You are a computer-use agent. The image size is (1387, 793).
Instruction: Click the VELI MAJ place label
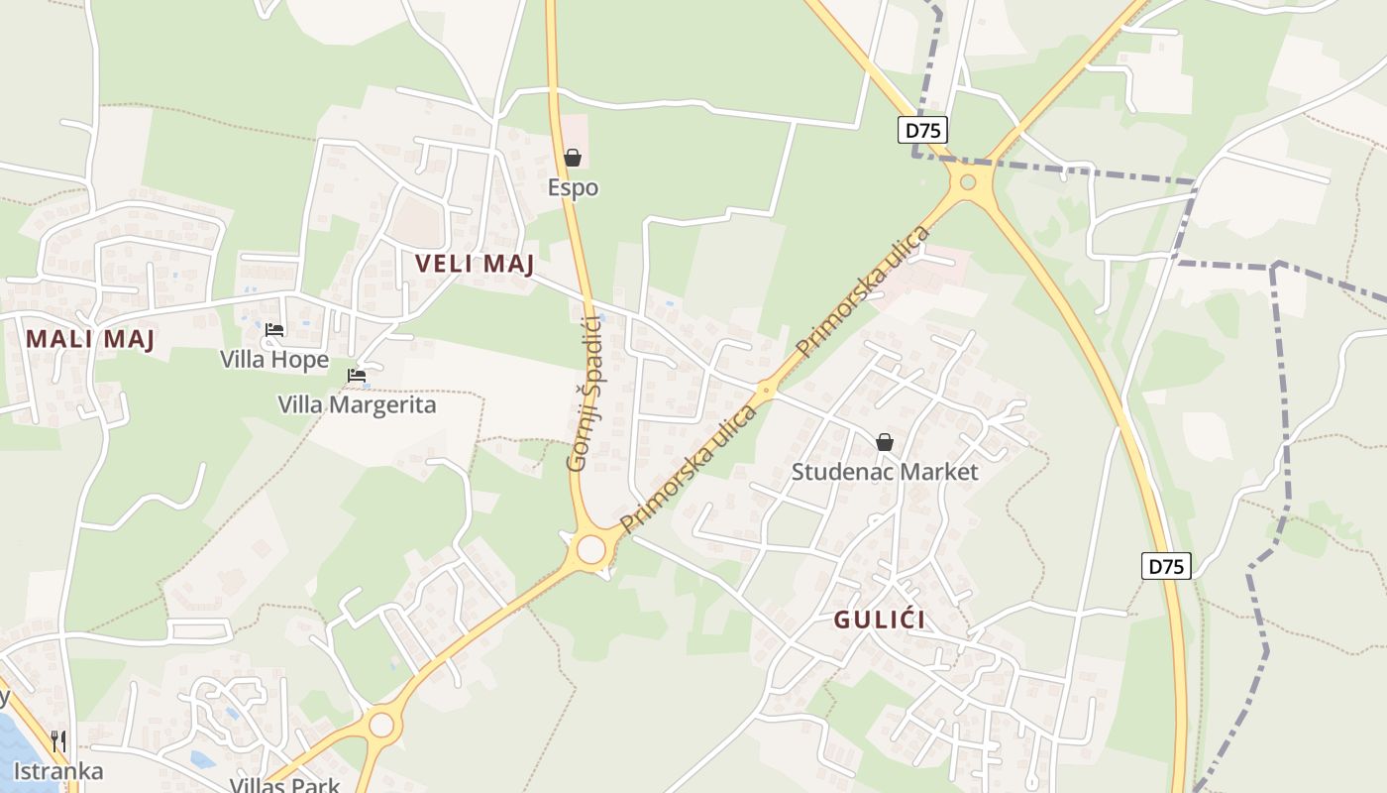click(x=475, y=264)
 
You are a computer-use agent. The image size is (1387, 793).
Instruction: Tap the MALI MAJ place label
click(x=90, y=339)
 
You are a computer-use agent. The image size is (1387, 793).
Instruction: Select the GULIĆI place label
click(x=880, y=621)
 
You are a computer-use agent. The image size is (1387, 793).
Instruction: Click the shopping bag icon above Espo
click(x=573, y=158)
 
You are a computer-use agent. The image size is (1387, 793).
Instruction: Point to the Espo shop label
click(x=573, y=187)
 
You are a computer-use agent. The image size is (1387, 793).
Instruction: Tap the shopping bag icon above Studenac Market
click(x=885, y=442)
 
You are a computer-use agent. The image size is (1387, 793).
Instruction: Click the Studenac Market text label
click(x=885, y=472)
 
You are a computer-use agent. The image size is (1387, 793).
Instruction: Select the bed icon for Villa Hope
click(x=274, y=330)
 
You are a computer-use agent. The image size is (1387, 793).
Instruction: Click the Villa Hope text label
click(x=274, y=359)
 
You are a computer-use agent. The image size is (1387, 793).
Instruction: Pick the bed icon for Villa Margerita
click(x=357, y=376)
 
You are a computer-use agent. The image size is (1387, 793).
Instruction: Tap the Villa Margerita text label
click(x=357, y=404)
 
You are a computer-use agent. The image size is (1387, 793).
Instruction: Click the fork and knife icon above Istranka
click(x=58, y=741)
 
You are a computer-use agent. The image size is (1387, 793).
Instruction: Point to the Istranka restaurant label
click(x=58, y=771)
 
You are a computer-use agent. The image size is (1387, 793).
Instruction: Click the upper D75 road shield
click(x=923, y=130)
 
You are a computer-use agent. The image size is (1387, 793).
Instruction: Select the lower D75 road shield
click(x=1166, y=567)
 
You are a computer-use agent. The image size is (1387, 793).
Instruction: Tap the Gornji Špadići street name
click(x=585, y=393)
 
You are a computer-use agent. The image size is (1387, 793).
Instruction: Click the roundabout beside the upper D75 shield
click(x=968, y=182)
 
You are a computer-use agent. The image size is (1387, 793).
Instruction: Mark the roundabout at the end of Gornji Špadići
click(x=591, y=549)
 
